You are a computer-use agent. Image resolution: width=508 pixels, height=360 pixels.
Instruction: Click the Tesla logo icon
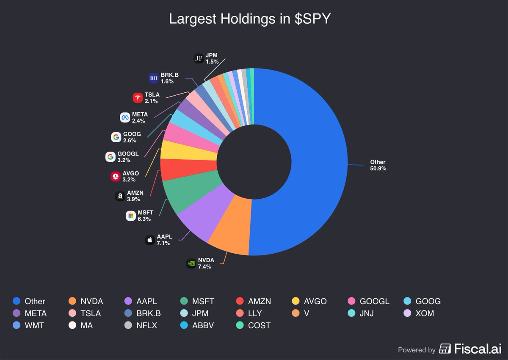click(x=138, y=98)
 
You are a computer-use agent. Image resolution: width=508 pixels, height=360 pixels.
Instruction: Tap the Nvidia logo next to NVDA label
click(x=191, y=263)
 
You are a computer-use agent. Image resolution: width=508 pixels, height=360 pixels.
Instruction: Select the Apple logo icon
click(x=149, y=240)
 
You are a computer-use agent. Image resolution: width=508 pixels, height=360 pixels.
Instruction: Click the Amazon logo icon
click(x=120, y=196)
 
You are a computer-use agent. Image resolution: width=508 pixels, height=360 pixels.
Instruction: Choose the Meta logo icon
click(x=124, y=117)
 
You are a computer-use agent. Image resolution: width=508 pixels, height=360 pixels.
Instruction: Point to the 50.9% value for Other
click(x=378, y=168)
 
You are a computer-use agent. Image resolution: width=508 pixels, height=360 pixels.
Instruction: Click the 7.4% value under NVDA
click(x=204, y=266)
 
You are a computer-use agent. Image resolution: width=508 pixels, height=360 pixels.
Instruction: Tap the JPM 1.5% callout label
click(x=212, y=58)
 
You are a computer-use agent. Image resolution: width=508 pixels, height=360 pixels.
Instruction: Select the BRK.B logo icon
click(x=154, y=78)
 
